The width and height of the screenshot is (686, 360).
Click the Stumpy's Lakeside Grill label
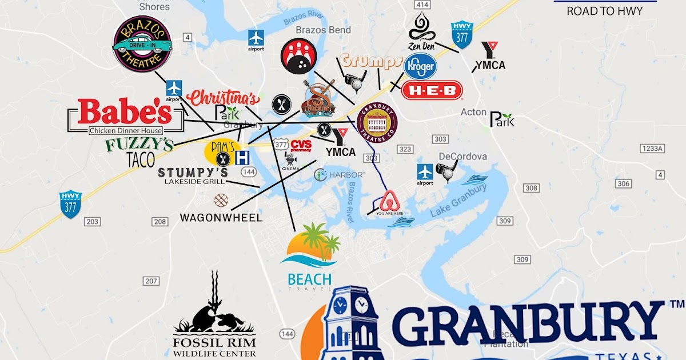[193, 176]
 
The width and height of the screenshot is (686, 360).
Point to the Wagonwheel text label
[221, 218]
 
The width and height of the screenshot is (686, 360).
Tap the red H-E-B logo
[432, 90]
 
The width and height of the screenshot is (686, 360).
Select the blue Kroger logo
[420, 66]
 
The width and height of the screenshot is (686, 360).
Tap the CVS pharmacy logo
[301, 145]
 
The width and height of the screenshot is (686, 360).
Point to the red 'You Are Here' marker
[389, 203]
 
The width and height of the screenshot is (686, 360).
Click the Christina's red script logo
[222, 98]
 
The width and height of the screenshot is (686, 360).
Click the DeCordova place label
[463, 157]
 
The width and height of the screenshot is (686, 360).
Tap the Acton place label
[473, 112]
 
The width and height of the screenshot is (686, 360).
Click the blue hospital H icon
[242, 157]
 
